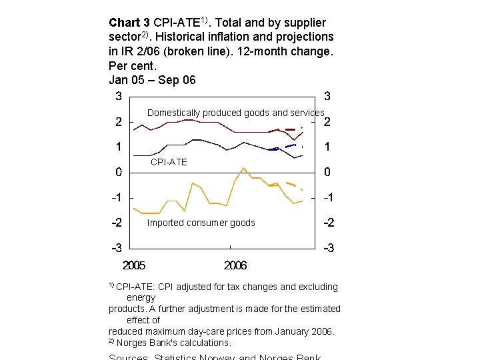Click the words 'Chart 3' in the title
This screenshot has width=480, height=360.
(x=129, y=23)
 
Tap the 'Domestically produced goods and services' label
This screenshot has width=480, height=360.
(x=235, y=113)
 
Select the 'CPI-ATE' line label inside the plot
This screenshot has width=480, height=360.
(x=169, y=162)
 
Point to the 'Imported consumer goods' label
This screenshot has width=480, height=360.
(x=201, y=223)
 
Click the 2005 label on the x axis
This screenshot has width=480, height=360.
(x=134, y=265)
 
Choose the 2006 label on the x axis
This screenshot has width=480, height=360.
(x=235, y=265)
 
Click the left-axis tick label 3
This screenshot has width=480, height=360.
(x=118, y=96)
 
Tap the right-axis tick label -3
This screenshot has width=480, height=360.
(x=328, y=249)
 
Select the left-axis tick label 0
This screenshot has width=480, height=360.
(x=118, y=173)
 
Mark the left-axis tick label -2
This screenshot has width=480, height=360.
(x=117, y=223)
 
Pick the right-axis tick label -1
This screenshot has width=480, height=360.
(x=328, y=198)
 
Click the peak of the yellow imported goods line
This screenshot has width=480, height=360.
(x=243, y=168)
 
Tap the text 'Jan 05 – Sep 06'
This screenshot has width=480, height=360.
(x=152, y=79)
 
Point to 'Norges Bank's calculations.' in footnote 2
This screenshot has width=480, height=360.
(x=173, y=343)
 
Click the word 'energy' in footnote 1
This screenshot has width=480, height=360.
(x=141, y=297)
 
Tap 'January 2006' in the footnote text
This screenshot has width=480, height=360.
(x=303, y=331)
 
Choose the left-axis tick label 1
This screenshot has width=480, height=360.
(x=118, y=147)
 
